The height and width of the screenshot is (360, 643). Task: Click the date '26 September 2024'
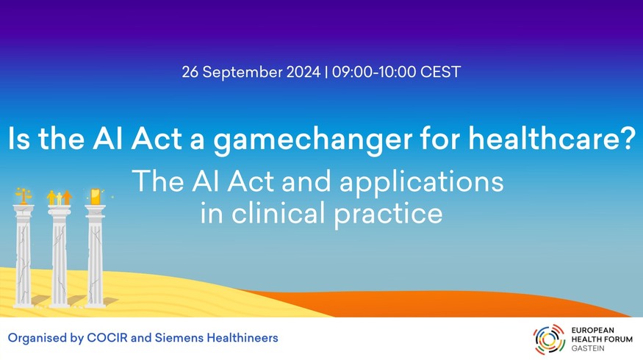[x=251, y=72]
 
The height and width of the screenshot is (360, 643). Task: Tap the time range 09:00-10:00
[x=374, y=72]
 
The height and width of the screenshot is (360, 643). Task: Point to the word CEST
[x=441, y=72]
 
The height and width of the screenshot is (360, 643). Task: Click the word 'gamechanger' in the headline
[x=313, y=140]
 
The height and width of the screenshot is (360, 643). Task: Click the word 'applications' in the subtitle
[x=422, y=182]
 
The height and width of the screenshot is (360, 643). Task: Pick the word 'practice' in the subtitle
[x=388, y=215]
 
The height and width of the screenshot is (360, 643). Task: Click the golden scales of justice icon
[x=24, y=195]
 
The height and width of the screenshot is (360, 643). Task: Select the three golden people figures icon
[x=60, y=197]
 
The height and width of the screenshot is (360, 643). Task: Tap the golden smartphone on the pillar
[x=95, y=196]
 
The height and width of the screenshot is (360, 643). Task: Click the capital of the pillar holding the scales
[x=24, y=210]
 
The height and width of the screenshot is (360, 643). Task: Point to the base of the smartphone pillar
[x=95, y=303]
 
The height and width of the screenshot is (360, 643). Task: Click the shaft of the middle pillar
[x=60, y=259]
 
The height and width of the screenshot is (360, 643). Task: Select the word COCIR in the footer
[x=107, y=338]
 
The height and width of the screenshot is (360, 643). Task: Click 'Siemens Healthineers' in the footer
[x=217, y=338]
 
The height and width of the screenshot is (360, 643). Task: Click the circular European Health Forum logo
[x=549, y=339]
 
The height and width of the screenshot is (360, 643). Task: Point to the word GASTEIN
[x=588, y=348]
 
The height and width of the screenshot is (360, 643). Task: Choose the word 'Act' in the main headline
[x=157, y=138]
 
